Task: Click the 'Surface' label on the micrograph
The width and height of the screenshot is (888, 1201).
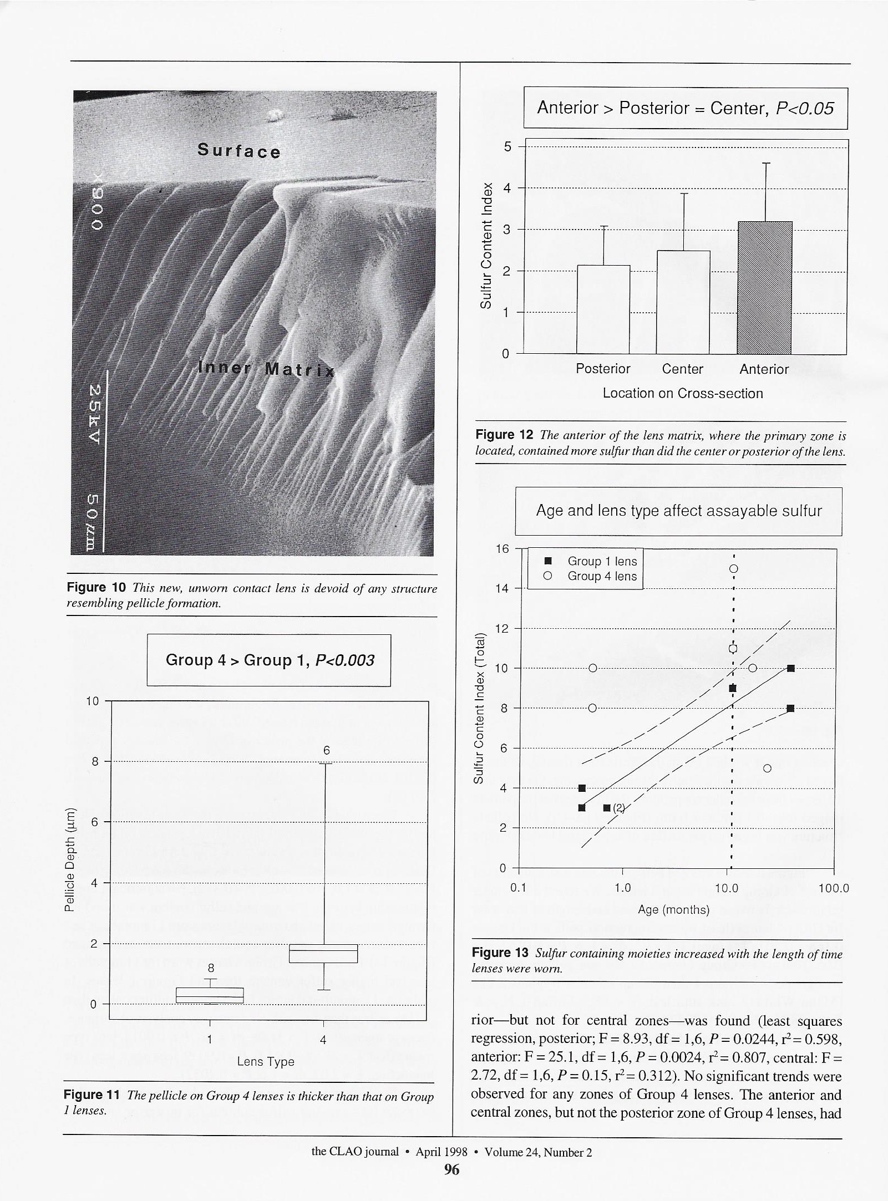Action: tap(239, 151)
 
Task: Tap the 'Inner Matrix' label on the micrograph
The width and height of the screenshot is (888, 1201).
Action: tap(266, 369)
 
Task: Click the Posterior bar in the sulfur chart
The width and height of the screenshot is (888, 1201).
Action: tap(603, 309)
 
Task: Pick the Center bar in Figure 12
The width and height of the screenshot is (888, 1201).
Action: tap(683, 302)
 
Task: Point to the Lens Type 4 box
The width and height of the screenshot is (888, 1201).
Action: tap(323, 953)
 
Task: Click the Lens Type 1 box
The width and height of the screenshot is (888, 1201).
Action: tap(210, 995)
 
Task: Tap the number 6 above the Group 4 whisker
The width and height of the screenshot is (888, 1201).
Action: tap(327, 750)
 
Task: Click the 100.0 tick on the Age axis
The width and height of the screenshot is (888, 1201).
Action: tap(833, 888)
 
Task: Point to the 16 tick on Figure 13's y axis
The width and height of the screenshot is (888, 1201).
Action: tap(502, 549)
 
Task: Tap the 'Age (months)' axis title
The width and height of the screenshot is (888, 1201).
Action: tap(673, 909)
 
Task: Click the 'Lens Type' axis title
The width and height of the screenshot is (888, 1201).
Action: tap(266, 1061)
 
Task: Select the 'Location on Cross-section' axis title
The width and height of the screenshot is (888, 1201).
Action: tap(683, 393)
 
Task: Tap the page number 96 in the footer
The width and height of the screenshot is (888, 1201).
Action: tap(451, 1169)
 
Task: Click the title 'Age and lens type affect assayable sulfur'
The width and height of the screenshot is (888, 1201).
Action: tap(678, 511)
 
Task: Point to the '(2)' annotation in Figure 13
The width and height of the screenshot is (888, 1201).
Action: tap(618, 808)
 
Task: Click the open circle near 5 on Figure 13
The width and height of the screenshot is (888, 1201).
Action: tap(767, 769)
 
